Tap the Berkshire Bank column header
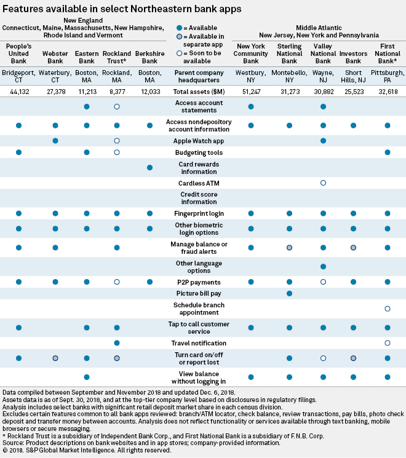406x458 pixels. coord(149,53)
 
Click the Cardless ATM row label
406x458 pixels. coord(198,183)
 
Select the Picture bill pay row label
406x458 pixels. coord(198,293)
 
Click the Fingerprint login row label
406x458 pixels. coord(198,213)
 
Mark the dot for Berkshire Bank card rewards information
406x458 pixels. coord(149,168)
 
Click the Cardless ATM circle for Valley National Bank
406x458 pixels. coord(323,183)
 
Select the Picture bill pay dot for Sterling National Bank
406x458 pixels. coord(289,293)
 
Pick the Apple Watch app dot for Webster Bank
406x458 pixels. coord(55,141)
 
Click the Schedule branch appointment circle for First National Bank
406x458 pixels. coord(388,308)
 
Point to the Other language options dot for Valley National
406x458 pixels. coord(323,266)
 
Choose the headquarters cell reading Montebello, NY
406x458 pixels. coord(289,76)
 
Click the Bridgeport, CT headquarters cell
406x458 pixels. coord(19,76)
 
